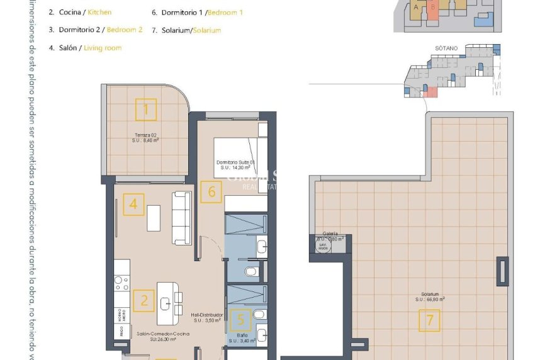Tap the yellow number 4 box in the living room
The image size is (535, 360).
[x=133, y=205]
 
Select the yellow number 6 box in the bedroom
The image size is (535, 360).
[x=212, y=192]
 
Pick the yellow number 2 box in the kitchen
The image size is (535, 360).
[x=144, y=300]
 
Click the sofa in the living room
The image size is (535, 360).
[x=182, y=218]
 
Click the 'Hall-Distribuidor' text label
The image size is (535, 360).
[x=207, y=315]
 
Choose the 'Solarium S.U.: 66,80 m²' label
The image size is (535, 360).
[x=430, y=296]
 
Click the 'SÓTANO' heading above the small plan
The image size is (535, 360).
[x=446, y=47]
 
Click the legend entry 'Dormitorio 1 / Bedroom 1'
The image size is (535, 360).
[x=198, y=13]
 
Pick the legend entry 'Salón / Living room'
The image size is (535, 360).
[x=86, y=48]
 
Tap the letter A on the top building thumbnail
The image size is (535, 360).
[x=416, y=7]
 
